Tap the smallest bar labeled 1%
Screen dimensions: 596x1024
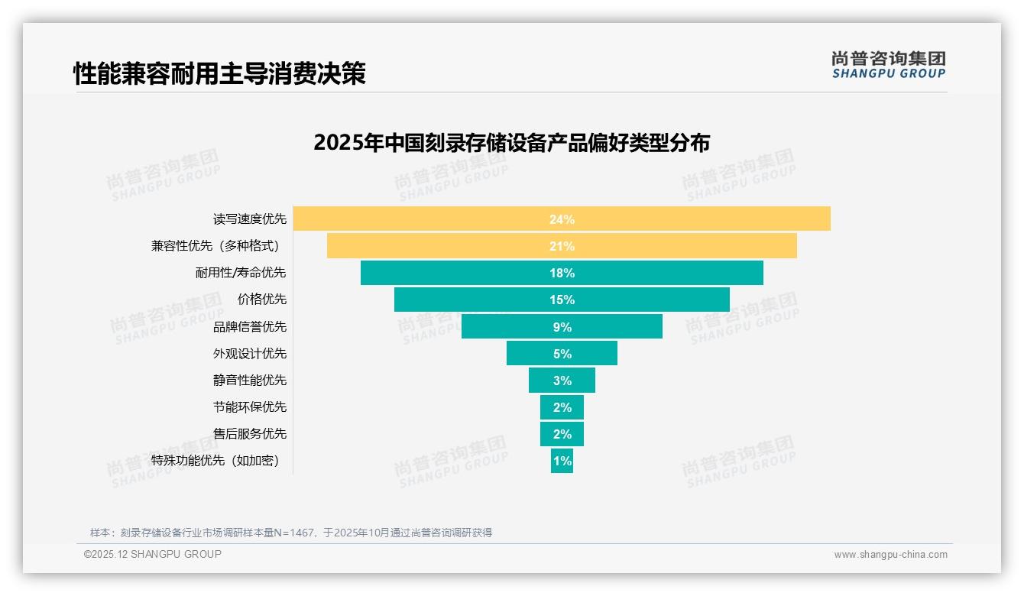(562, 461)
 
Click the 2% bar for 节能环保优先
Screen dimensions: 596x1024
(562, 407)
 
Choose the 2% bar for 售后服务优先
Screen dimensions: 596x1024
(562, 434)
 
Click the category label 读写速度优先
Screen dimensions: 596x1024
(250, 219)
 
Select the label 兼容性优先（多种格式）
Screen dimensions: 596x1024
(219, 246)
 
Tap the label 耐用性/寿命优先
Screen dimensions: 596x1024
(241, 273)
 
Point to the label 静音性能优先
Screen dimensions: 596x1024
(250, 380)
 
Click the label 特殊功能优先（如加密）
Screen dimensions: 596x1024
(215, 461)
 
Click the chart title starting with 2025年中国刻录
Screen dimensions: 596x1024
(511, 143)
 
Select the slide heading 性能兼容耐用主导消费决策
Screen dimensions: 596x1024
(219, 74)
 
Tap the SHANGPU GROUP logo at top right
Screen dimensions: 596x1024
(888, 65)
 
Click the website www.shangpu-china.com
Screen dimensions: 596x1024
(890, 555)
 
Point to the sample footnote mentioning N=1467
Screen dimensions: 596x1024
(291, 533)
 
